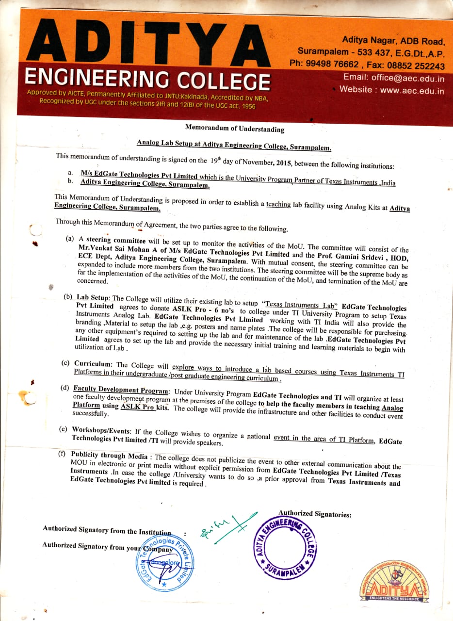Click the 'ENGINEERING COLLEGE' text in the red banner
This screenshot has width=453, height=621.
click(x=147, y=79)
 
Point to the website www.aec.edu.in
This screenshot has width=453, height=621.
click(x=412, y=90)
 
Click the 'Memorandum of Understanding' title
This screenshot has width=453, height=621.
click(x=234, y=129)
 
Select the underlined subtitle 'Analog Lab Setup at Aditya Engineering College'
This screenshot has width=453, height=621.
click(x=234, y=145)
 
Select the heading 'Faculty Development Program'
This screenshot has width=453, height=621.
click(x=121, y=389)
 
